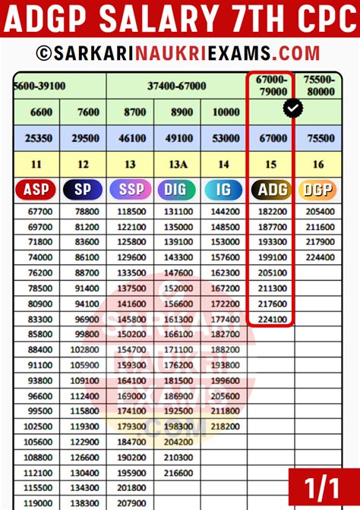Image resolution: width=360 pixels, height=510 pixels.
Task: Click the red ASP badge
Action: (36, 190)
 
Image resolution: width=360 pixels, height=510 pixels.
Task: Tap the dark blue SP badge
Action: (83, 190)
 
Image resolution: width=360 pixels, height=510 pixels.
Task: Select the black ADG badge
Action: (273, 190)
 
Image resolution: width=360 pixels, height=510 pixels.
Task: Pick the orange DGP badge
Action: (318, 190)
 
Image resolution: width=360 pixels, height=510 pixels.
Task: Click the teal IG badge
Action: (224, 190)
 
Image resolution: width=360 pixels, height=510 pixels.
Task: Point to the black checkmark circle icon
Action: (292, 109)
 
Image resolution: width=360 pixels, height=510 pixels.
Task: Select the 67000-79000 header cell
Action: (271, 85)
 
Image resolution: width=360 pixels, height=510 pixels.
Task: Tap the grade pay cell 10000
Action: (225, 112)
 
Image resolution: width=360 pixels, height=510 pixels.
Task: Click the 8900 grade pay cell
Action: (178, 112)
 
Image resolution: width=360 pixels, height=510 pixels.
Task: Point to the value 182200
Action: (273, 213)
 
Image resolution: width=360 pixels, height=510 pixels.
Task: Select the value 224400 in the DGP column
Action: (319, 257)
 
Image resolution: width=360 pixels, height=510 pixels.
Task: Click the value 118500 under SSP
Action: (131, 213)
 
